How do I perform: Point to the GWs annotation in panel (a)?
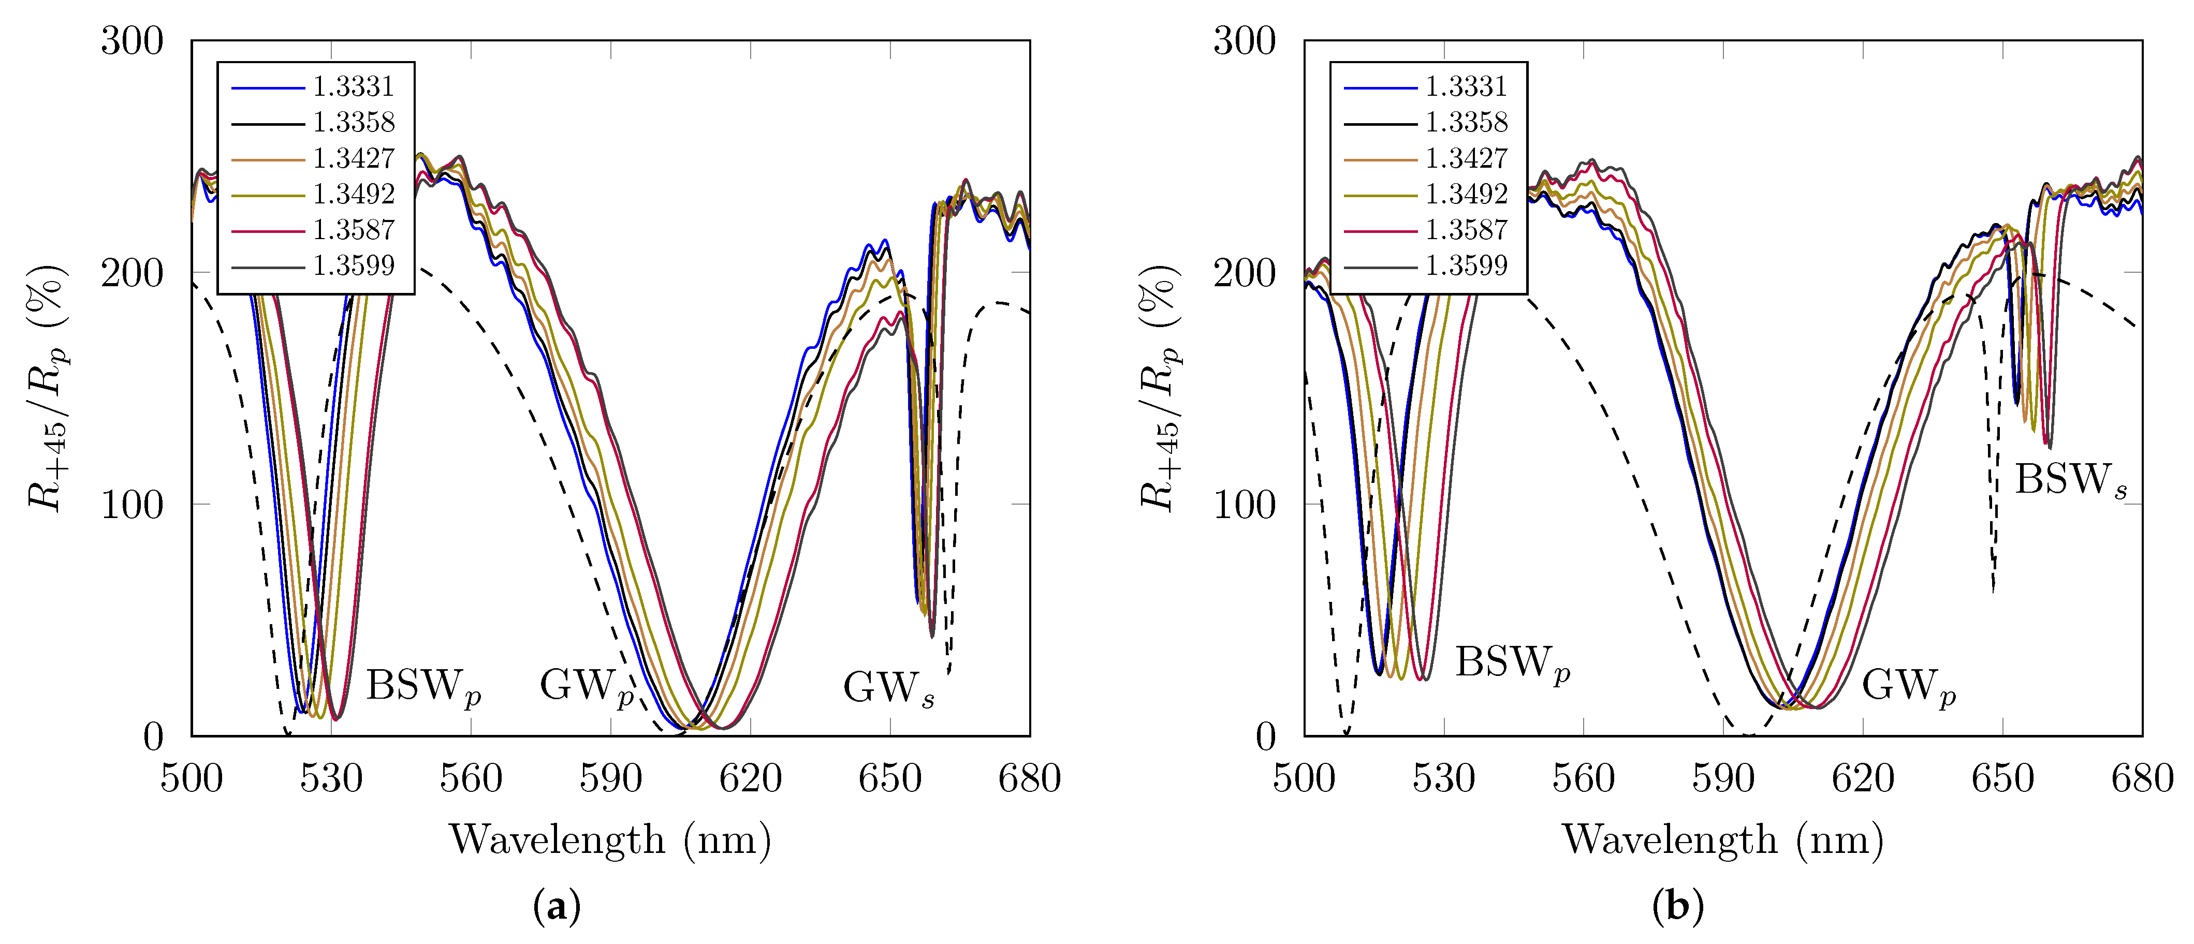pyautogui.click(x=888, y=688)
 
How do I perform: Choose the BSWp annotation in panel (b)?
pyautogui.click(x=1512, y=663)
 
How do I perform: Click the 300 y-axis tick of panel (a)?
pyautogui.click(x=132, y=41)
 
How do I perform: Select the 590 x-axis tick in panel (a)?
pyautogui.click(x=611, y=779)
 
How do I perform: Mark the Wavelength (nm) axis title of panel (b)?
pyautogui.click(x=1722, y=840)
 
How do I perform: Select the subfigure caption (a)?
pyautogui.click(x=557, y=907)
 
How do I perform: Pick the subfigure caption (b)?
pyautogui.click(x=1677, y=907)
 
